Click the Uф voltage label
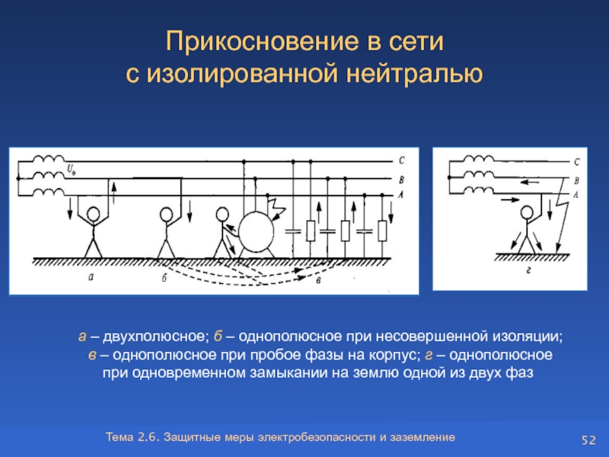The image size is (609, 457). coord(72,168)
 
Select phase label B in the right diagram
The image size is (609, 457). coord(576,180)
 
